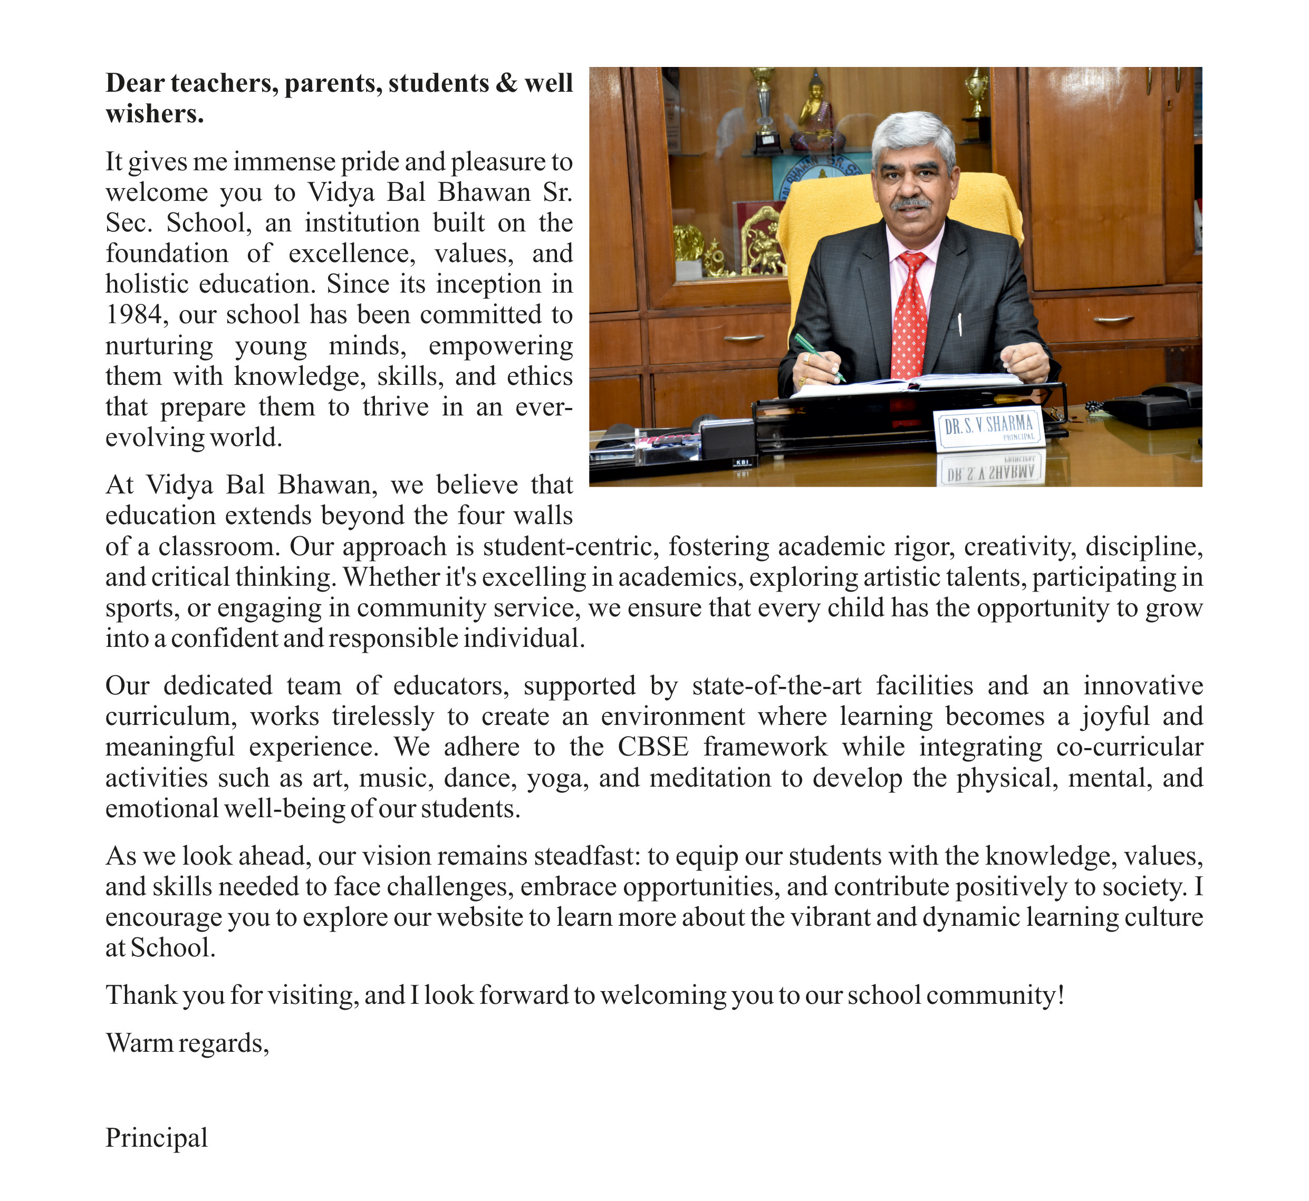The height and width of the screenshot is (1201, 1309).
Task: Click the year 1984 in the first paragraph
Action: (133, 315)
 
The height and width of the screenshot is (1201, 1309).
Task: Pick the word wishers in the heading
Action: (154, 114)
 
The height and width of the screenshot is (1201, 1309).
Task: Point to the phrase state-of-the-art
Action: (777, 685)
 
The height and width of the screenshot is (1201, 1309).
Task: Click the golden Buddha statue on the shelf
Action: (816, 111)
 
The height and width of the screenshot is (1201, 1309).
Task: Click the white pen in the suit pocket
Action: (960, 324)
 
